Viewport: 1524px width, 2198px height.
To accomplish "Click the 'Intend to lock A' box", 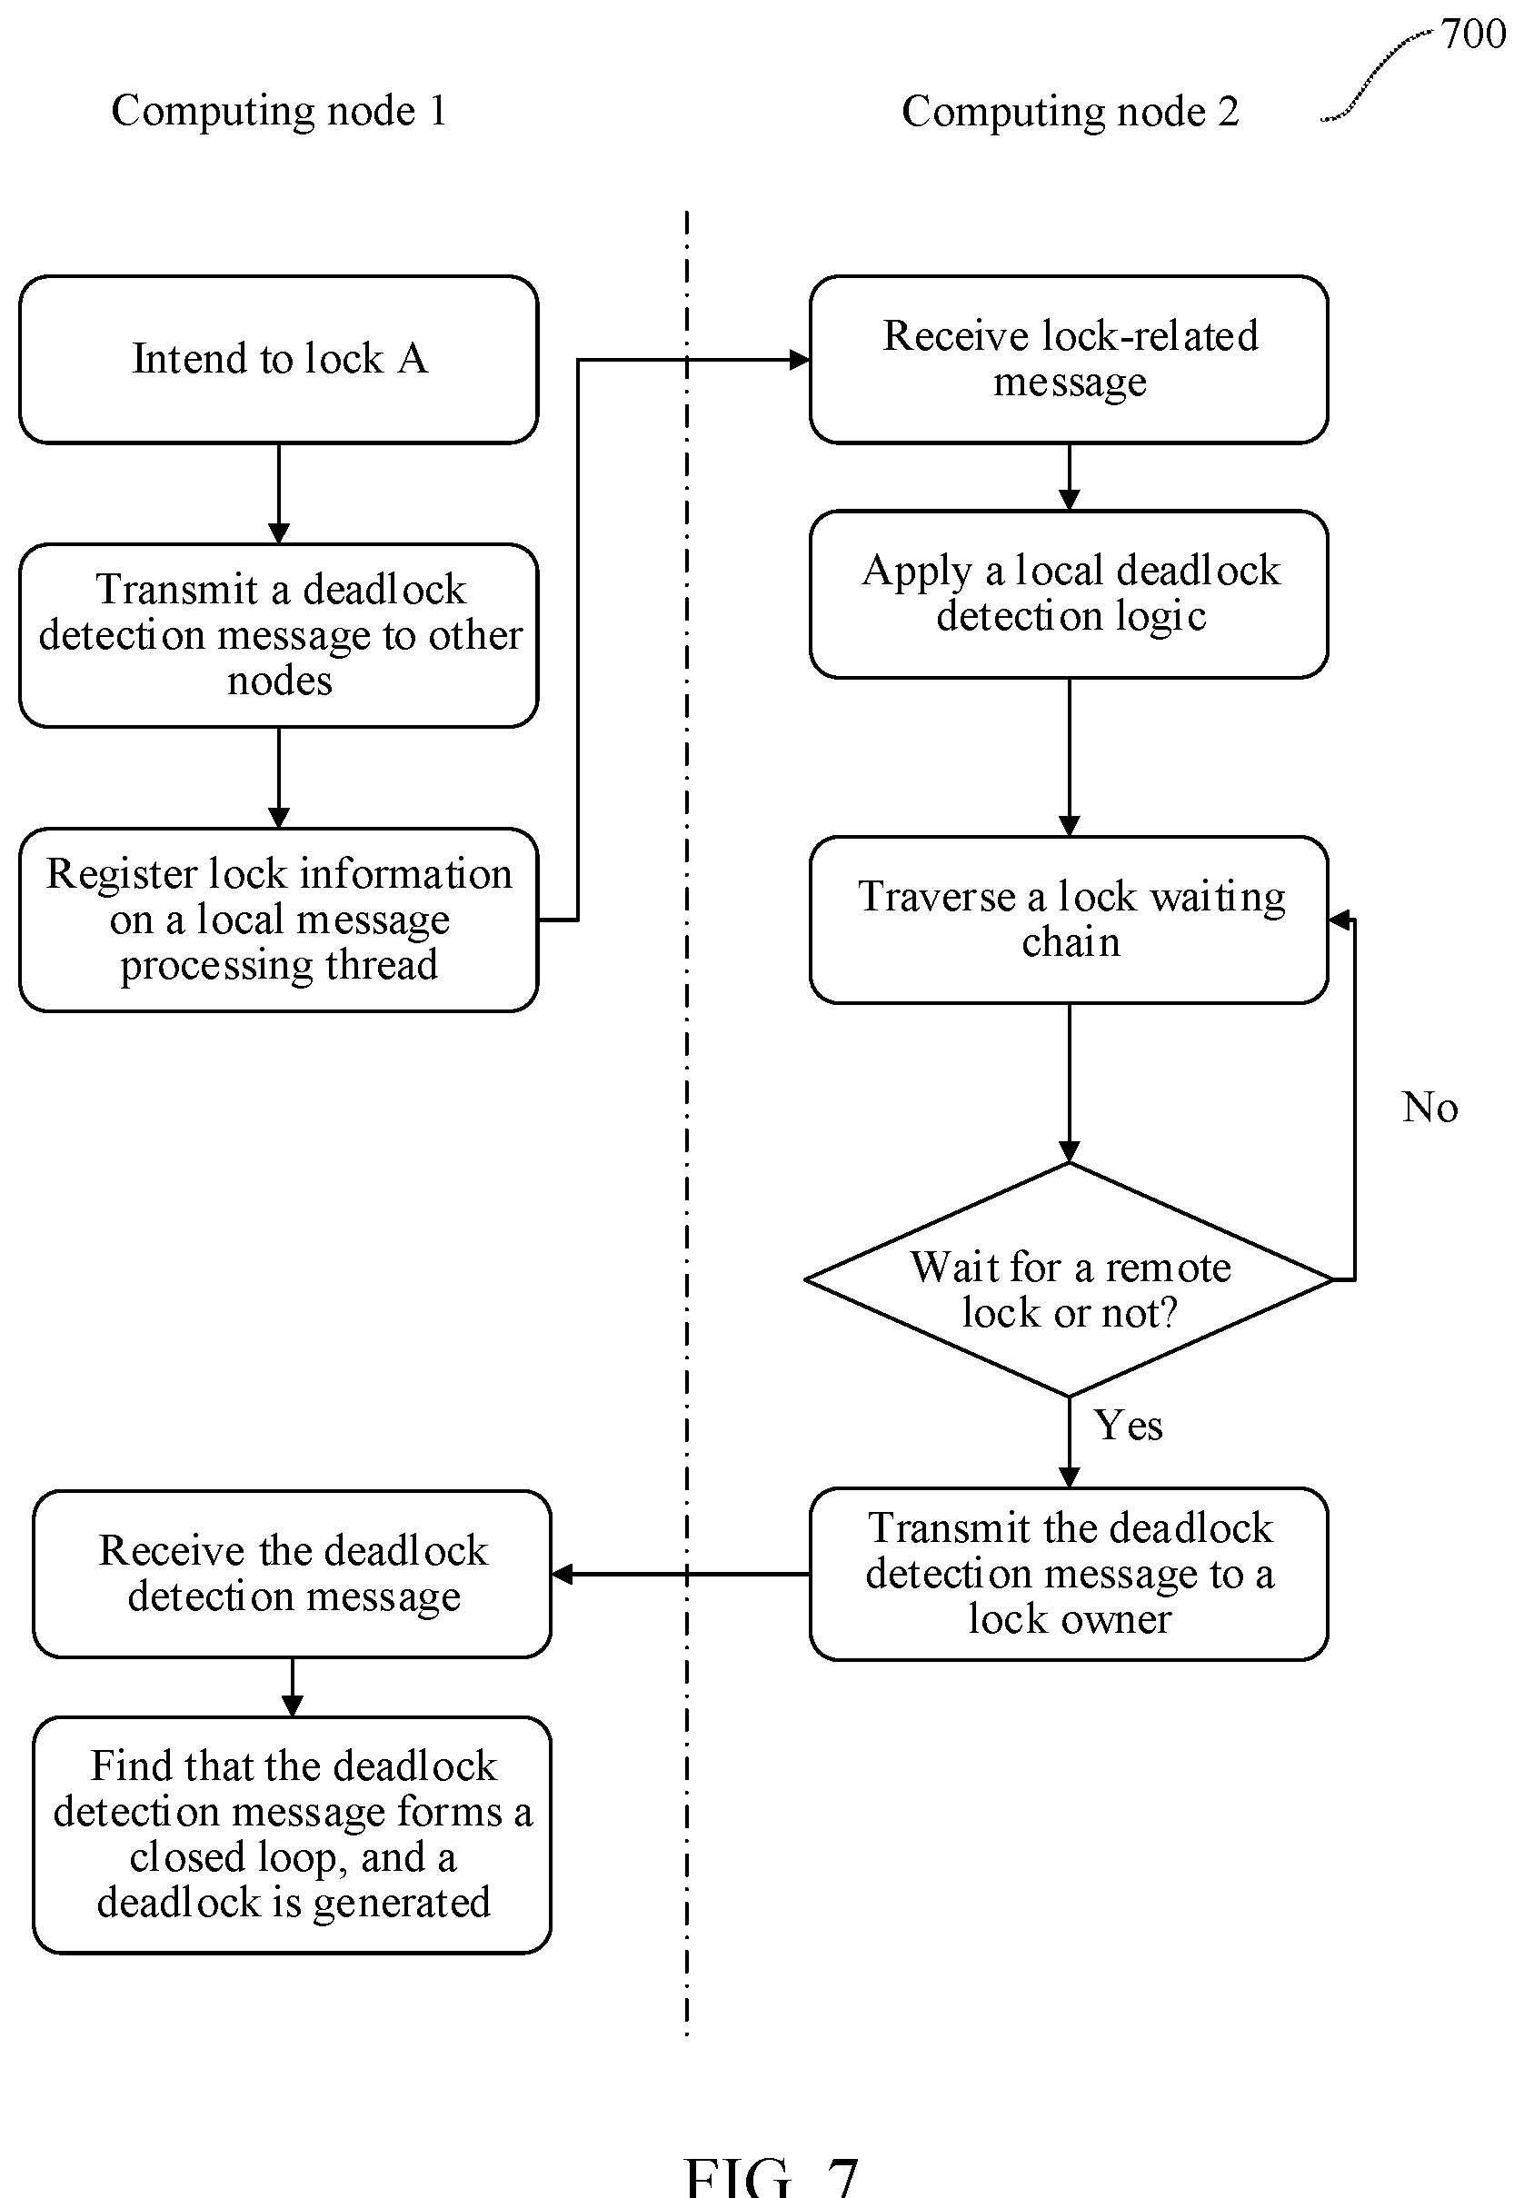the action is coord(278,360).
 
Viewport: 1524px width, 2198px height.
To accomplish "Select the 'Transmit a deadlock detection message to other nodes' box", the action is coord(278,635).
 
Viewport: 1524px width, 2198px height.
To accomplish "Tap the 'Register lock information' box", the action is coord(278,920).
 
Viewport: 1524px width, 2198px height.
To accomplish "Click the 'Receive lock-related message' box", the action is coord(1069,360).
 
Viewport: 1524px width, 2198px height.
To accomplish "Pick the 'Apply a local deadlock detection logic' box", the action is coord(1069,594).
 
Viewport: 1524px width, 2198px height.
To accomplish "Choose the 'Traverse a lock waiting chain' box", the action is coord(1069,920).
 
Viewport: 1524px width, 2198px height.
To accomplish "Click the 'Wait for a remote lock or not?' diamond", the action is coord(1069,1279).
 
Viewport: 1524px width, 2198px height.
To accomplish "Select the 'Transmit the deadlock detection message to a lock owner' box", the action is coord(1069,1574).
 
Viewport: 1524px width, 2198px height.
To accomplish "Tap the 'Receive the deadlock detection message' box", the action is coord(293,1574).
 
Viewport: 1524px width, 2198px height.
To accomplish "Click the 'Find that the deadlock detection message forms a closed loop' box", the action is coord(293,1835).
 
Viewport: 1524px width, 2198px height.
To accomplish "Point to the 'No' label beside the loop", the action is coord(1429,1108).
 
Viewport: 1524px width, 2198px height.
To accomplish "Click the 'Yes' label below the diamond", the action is coord(1128,1426).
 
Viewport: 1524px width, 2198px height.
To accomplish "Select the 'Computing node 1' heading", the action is coord(279,111).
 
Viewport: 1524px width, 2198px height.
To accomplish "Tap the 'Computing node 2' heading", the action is coord(1071,112).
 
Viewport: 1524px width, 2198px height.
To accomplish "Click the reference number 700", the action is coord(1473,35).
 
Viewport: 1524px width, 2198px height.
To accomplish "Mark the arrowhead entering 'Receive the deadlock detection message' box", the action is coord(563,1574).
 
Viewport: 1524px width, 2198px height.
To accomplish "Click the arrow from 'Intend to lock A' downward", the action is coord(279,493).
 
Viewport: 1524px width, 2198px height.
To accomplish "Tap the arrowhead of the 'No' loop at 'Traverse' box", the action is coord(1339,920).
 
